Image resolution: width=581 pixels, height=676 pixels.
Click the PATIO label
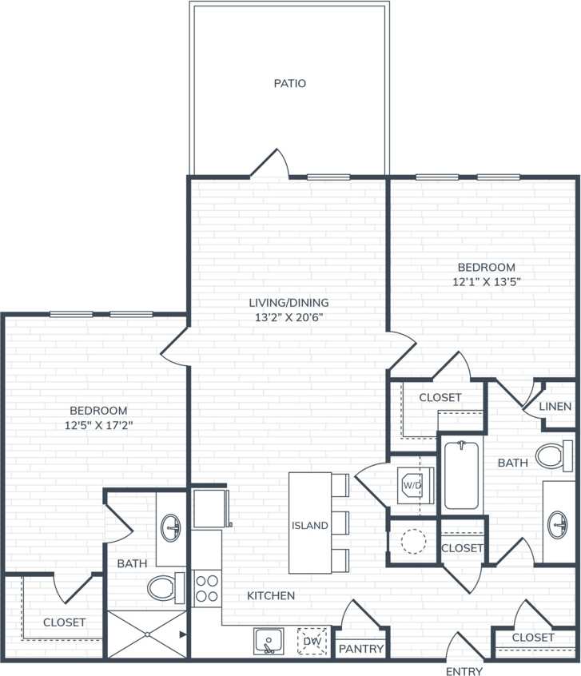289,83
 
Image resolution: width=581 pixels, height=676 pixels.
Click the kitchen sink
269,641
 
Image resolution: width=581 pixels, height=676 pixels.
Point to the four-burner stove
207,588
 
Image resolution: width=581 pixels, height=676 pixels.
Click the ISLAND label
309,525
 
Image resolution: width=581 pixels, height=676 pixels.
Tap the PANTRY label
362,649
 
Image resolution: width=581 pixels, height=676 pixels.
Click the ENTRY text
464,670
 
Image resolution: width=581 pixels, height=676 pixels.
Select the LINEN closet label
555,406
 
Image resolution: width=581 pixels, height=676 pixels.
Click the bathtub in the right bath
461,475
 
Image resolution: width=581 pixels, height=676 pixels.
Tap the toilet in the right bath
551,456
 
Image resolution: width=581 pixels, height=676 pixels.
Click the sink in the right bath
559,524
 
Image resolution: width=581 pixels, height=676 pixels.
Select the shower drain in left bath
148,634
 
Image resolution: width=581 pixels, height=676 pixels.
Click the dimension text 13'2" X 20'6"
289,316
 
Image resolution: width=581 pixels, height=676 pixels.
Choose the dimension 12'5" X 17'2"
98,425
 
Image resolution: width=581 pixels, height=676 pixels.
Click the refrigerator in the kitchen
210,508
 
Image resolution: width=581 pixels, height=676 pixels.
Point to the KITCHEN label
270,595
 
